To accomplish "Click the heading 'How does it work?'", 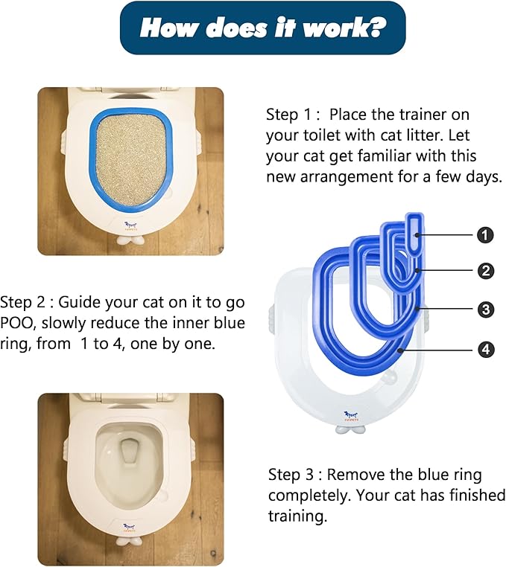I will [263, 28].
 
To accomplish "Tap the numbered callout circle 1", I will [485, 235].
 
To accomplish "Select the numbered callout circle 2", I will [485, 271].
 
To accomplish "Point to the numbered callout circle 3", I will [485, 309].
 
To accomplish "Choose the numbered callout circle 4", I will [485, 348].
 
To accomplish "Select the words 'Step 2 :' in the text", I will [26, 303].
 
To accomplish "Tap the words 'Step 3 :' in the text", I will [294, 475].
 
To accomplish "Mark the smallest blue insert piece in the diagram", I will [414, 231].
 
